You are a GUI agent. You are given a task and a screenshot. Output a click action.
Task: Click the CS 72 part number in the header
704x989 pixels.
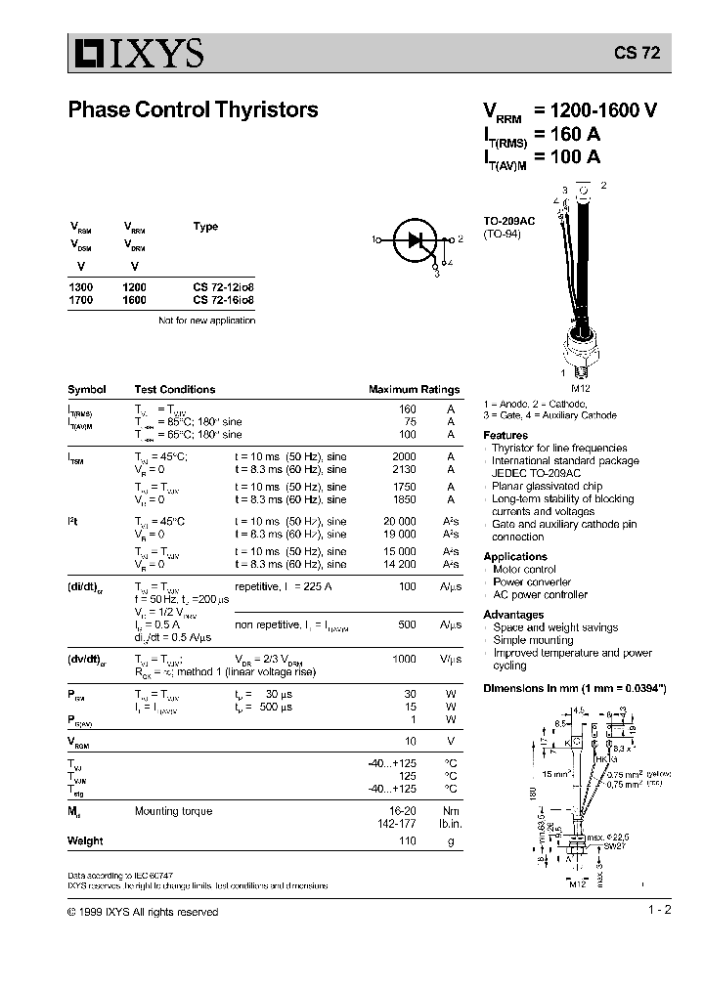pos(637,54)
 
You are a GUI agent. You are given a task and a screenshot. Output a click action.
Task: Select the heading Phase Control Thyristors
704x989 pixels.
pos(193,109)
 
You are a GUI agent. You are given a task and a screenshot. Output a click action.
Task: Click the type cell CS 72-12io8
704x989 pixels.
pos(224,287)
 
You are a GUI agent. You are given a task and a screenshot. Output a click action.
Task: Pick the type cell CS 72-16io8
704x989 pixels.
pos(224,300)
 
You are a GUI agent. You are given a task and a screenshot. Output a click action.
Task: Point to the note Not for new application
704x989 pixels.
pos(206,321)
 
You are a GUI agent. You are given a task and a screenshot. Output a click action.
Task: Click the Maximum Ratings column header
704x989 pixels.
pos(414,389)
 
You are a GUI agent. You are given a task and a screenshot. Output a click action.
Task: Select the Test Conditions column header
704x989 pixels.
pos(175,389)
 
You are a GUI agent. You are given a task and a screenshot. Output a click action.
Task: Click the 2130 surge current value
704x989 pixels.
pos(403,470)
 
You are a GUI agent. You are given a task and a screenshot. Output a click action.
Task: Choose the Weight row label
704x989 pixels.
pos(85,840)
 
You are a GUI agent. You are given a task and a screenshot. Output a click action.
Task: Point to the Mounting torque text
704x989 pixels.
pos(173,811)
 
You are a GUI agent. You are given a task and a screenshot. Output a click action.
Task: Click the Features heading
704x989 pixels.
pos(506,435)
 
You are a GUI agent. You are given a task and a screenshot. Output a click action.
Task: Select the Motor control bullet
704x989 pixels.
pos(524,569)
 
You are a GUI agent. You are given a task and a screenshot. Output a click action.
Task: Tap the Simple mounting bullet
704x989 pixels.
pos(533,640)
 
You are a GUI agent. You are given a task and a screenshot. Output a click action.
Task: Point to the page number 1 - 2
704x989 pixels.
pos(659,910)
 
